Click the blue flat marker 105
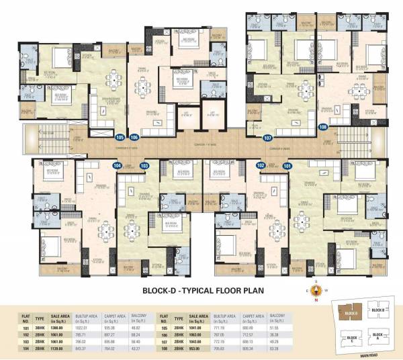(x=121, y=138)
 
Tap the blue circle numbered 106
(x=134, y=138)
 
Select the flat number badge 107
(x=267, y=138)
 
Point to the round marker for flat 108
(x=323, y=127)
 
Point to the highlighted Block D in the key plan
(x=348, y=313)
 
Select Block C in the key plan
(x=351, y=337)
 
